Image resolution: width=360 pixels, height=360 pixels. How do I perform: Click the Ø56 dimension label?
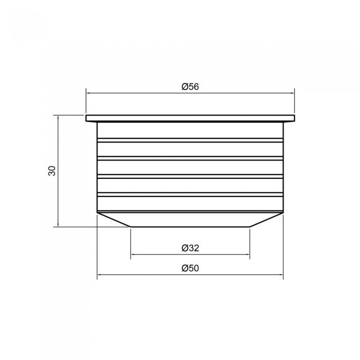click(190, 87)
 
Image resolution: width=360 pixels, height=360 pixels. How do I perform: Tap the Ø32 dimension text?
click(190, 248)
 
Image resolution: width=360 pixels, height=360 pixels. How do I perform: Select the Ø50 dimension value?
click(190, 268)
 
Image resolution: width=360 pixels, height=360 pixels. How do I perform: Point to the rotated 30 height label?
click(52, 171)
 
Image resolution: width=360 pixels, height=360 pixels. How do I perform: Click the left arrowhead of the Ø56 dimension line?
click(88, 93)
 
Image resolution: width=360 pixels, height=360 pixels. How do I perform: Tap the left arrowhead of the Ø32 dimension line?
click(133, 255)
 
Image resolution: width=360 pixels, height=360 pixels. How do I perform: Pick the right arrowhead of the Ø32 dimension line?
click(248, 255)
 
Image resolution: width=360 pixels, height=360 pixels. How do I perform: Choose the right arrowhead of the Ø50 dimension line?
click(281, 274)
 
